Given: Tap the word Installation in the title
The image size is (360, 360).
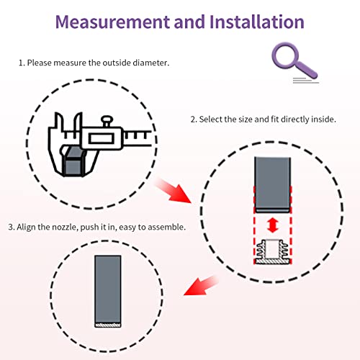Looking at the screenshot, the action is click(x=257, y=22).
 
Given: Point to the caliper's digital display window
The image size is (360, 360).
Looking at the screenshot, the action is click(x=102, y=138).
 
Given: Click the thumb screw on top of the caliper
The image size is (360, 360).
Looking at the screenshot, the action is click(x=107, y=121).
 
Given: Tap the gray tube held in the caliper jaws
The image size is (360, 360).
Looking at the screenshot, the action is click(x=73, y=161).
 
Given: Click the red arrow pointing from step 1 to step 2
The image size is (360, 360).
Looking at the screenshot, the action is click(x=174, y=191).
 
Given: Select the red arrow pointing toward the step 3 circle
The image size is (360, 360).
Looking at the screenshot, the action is click(x=201, y=286).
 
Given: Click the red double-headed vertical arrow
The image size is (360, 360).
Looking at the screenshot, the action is click(x=273, y=225).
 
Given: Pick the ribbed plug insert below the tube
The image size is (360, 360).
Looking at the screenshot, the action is click(x=272, y=252).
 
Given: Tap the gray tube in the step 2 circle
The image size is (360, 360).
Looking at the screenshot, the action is click(x=273, y=185).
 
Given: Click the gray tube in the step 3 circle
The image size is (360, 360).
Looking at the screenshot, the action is click(x=108, y=289).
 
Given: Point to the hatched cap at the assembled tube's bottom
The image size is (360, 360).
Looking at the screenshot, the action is click(x=108, y=325).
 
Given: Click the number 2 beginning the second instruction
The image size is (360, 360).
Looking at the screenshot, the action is click(x=194, y=120).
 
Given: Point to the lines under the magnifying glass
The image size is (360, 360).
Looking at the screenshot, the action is click(x=305, y=81).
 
